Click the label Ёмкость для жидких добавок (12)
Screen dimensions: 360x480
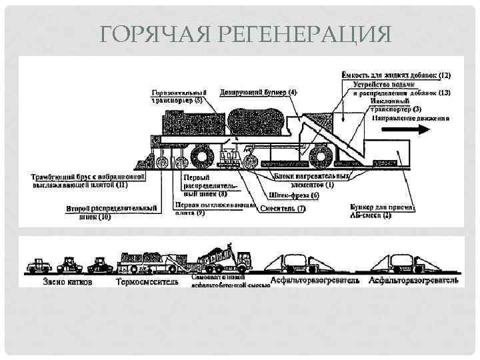click(x=396, y=76)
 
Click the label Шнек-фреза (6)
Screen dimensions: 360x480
click(x=293, y=195)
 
